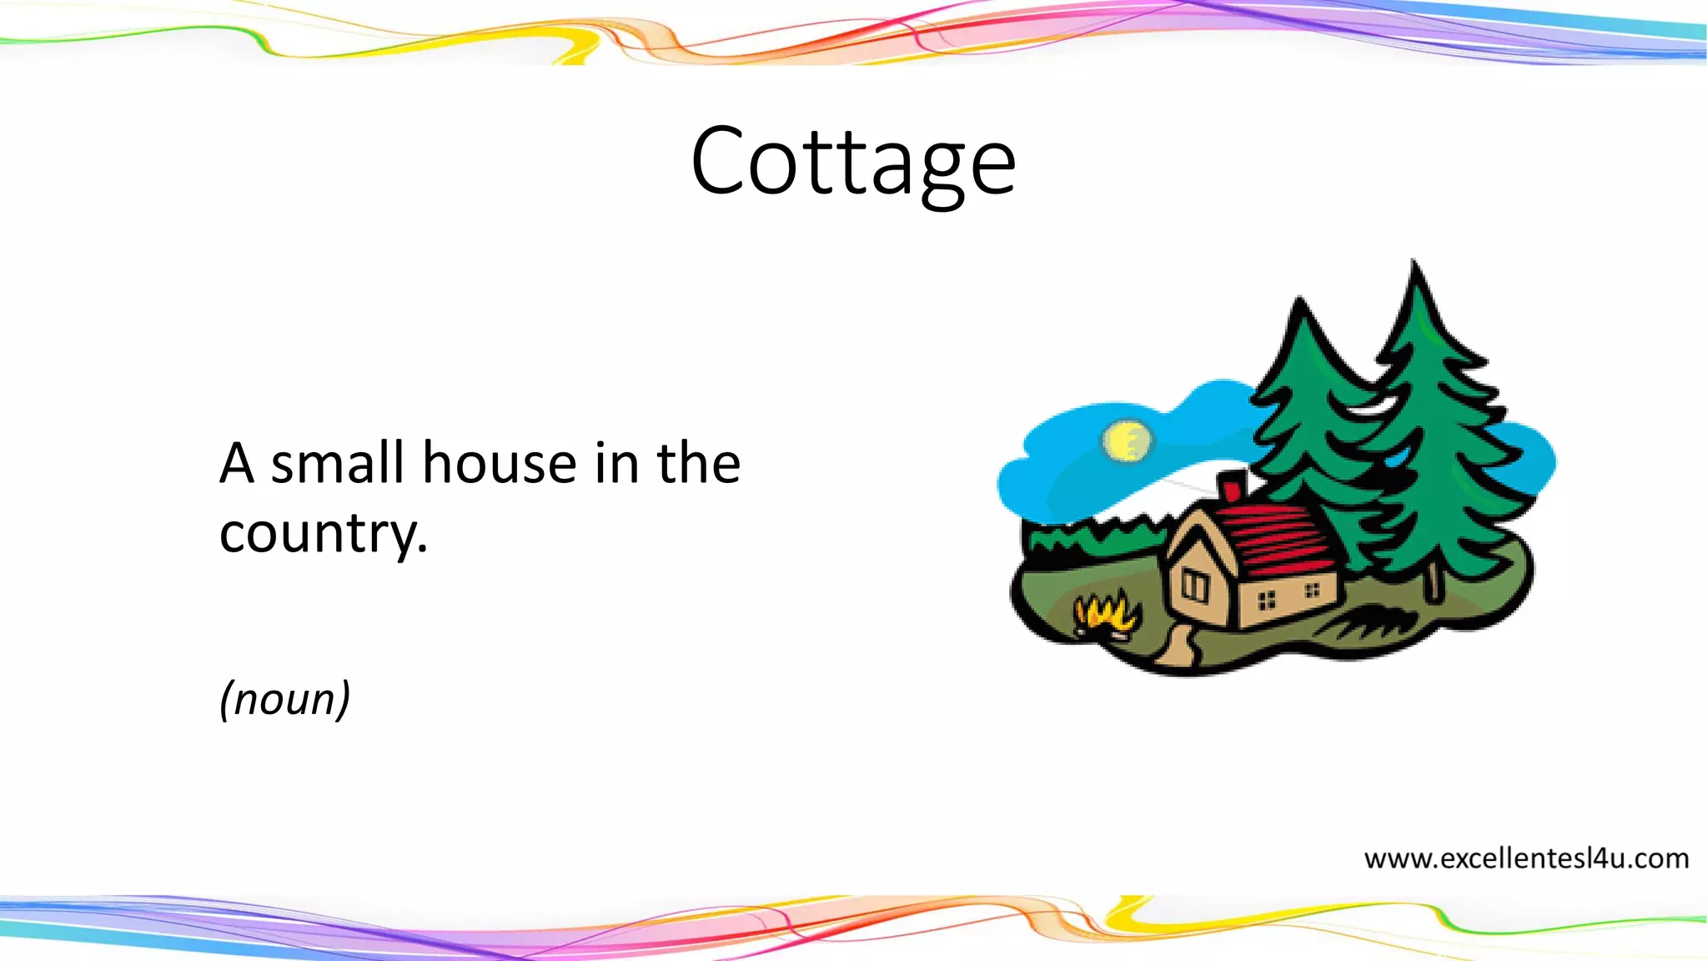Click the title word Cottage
(853, 161)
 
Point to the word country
(322, 532)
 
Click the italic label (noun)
(284, 698)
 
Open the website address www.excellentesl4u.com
(1525, 858)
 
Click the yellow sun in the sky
(1127, 440)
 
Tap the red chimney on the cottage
(1232, 486)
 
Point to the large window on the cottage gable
(1194, 586)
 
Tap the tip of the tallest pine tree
(1413, 265)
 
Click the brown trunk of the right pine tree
(1434, 581)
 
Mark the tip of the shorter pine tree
(1299, 300)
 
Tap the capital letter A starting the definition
(236, 463)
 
